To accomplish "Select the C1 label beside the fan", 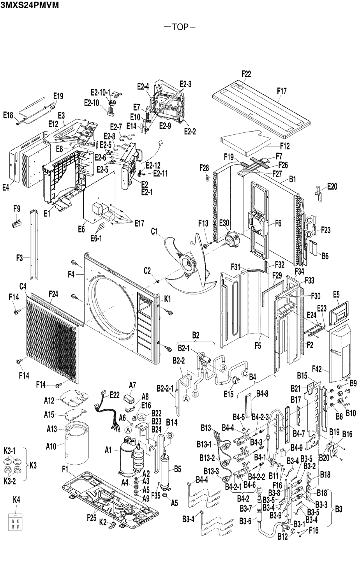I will pyautogui.click(x=155, y=232).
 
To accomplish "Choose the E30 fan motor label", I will pyautogui.click(x=224, y=223).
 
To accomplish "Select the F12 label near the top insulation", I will pyautogui.click(x=285, y=146).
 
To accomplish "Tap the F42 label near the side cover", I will pyautogui.click(x=317, y=367).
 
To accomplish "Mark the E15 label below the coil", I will pyautogui.click(x=229, y=395).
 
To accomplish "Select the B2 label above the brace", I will pyautogui.click(x=196, y=335).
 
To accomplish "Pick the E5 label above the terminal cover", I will pyautogui.click(x=337, y=295).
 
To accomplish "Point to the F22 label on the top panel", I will pyautogui.click(x=246, y=74).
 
